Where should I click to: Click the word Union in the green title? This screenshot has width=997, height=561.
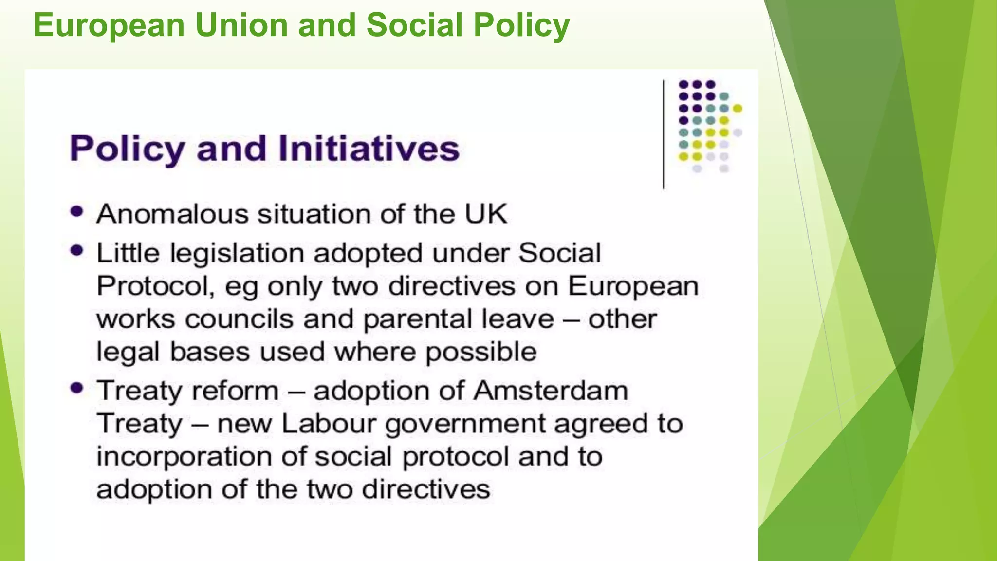(x=241, y=25)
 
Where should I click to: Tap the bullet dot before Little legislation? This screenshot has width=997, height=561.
(x=77, y=251)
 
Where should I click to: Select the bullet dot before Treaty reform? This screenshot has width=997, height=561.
(x=77, y=388)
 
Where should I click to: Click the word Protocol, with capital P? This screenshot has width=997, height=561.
(x=155, y=286)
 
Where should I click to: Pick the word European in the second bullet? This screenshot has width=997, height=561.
(x=633, y=286)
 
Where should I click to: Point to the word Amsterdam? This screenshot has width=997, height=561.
(x=551, y=391)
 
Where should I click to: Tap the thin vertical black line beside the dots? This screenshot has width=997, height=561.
(x=663, y=134)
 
